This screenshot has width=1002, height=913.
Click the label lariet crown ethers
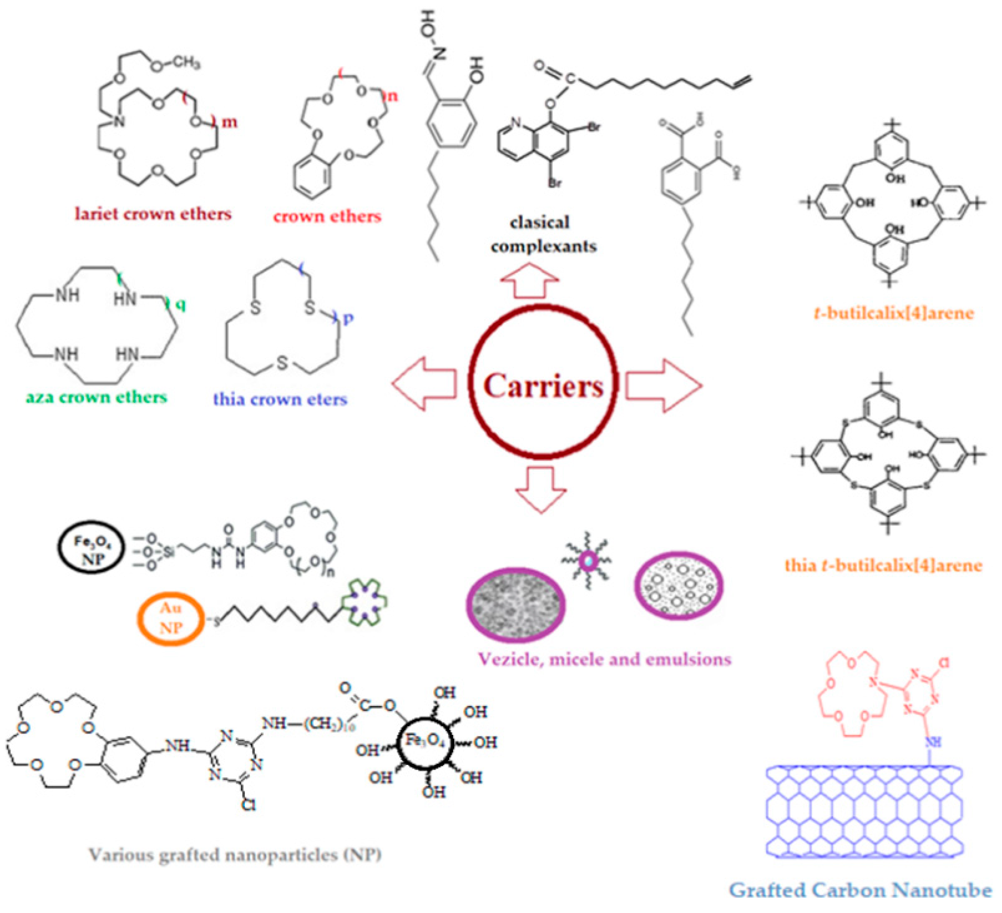(153, 214)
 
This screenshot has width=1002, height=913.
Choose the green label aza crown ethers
(96, 397)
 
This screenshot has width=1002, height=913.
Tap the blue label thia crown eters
(280, 399)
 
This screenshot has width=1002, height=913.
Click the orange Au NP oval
(171, 618)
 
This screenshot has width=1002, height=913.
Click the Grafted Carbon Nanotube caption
(860, 890)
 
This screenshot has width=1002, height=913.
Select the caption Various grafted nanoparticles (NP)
(235, 855)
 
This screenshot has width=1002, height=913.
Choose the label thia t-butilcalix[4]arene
(884, 565)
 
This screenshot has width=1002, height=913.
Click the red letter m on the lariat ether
(229, 122)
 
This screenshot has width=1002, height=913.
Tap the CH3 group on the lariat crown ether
(183, 64)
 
